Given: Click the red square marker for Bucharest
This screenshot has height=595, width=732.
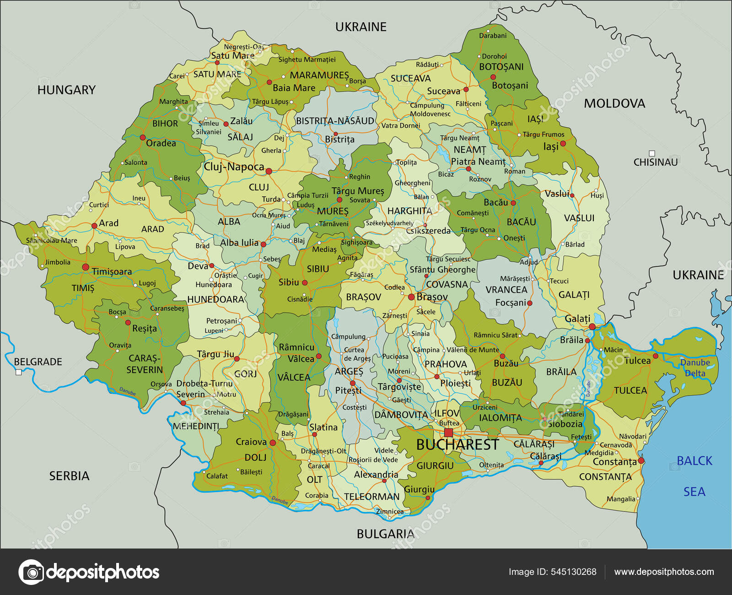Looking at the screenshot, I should (x=448, y=433).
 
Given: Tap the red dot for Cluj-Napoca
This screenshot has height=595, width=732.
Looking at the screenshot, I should (x=269, y=171).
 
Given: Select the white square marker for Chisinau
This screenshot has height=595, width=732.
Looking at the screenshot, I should (x=652, y=153).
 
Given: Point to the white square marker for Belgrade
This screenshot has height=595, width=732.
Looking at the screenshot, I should (x=19, y=372).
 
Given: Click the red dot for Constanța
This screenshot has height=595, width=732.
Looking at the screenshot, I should (x=641, y=460).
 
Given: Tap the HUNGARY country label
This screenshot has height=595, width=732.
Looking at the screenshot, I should (x=66, y=90).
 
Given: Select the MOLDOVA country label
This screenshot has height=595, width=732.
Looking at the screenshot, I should (x=614, y=104).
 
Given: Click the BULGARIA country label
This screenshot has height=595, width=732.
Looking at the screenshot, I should (x=385, y=534).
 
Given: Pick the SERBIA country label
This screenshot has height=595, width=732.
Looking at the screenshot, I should (x=69, y=476).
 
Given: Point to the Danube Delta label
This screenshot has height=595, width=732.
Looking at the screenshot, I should (x=695, y=368).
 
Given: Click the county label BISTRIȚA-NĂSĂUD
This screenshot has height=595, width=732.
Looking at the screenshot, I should (x=335, y=121).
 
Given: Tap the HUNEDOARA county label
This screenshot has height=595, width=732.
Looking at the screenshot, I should (x=215, y=299).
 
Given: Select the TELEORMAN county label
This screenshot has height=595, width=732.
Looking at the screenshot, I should (x=371, y=497).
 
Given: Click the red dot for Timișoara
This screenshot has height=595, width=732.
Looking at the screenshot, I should (x=86, y=267).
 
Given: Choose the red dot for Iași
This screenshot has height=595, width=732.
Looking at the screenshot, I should (x=563, y=144).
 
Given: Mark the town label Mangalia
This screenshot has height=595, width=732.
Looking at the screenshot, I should (x=621, y=499).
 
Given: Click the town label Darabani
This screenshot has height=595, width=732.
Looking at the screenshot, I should (x=493, y=36).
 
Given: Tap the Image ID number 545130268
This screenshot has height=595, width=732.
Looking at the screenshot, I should (x=573, y=572).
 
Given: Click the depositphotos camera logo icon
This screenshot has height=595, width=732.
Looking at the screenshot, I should (x=31, y=572).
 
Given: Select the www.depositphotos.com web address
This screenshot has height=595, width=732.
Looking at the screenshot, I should (x=664, y=572).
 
